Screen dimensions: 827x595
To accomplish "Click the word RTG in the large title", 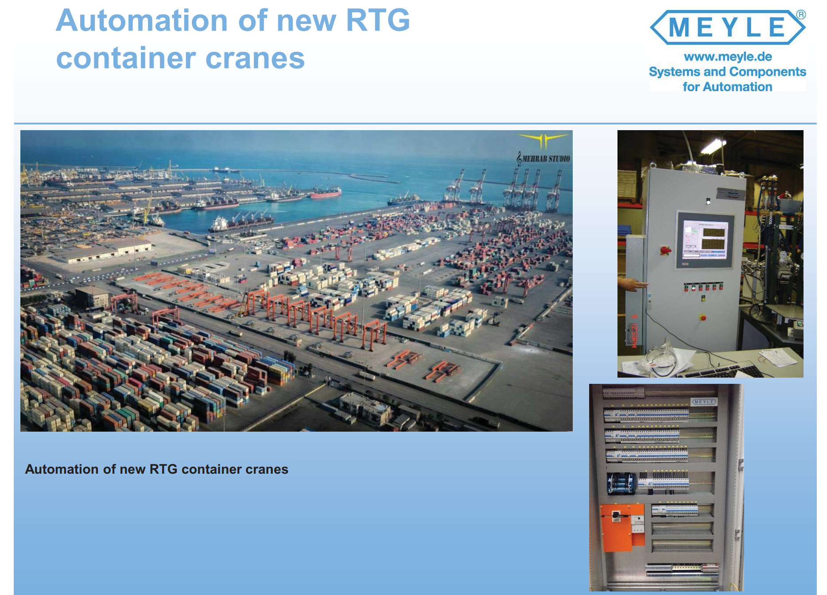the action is tap(378, 21).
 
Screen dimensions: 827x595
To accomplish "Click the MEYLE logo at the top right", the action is tap(728, 27).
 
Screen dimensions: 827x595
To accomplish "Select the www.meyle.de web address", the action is tap(728, 57).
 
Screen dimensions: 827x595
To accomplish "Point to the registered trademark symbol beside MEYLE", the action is tap(801, 15).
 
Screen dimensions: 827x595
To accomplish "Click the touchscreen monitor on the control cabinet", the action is tap(704, 240).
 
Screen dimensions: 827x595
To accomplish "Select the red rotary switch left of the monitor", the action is tap(665, 251).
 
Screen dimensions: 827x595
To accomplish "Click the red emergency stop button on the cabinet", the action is tap(703, 317).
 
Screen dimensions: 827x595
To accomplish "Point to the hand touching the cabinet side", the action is tap(634, 283).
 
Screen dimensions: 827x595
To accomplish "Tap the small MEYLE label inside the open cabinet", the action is tap(704, 402).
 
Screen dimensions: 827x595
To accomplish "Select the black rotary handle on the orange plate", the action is tap(617, 515).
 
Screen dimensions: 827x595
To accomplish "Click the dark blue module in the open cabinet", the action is tap(621, 484).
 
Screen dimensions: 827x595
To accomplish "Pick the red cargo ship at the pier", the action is tap(326, 192).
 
